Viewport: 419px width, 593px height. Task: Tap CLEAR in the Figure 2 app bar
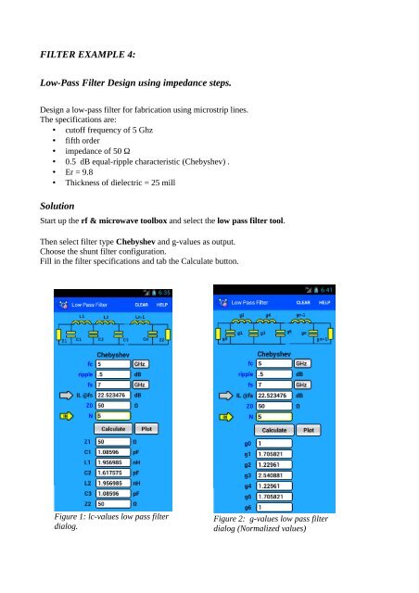pyautogui.click(x=303, y=302)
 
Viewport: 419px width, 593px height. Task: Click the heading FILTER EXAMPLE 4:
pyautogui.click(x=79, y=55)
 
